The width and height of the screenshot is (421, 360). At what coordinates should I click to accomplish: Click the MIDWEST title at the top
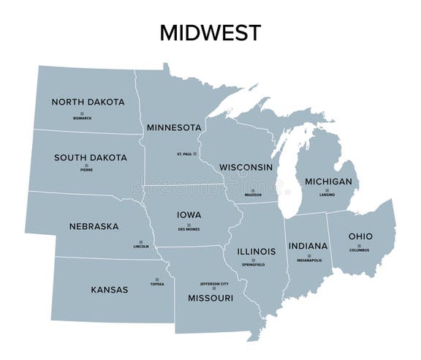[210, 32]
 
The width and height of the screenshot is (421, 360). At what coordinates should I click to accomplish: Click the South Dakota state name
[91, 157]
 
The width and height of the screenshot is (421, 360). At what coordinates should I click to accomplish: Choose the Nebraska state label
[94, 226]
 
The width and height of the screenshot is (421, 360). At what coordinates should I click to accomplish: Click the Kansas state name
[110, 290]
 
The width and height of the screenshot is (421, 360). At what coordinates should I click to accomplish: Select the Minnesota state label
[174, 127]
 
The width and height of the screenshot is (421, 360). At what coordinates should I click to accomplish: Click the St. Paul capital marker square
[195, 154]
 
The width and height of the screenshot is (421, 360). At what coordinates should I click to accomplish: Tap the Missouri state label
[211, 298]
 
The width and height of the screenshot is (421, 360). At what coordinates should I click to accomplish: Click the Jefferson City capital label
[214, 284]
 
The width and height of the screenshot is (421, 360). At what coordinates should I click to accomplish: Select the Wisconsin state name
[246, 167]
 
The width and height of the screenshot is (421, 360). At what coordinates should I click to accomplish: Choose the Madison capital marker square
[253, 189]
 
